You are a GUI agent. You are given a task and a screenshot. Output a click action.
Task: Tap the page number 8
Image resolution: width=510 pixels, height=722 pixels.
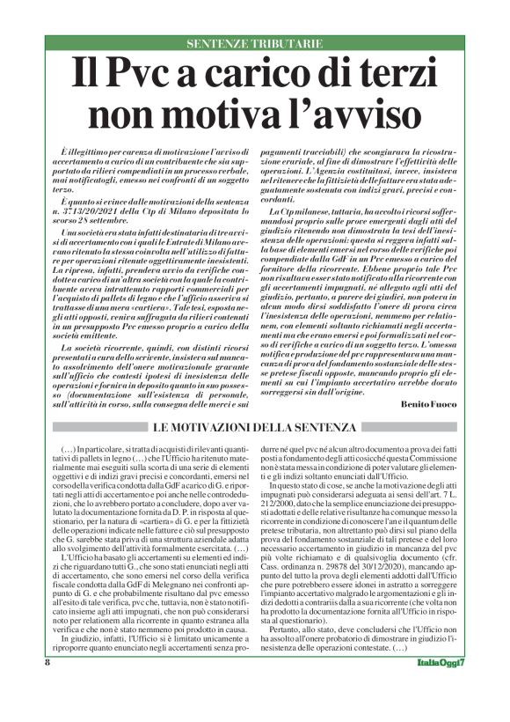click(47, 709)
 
